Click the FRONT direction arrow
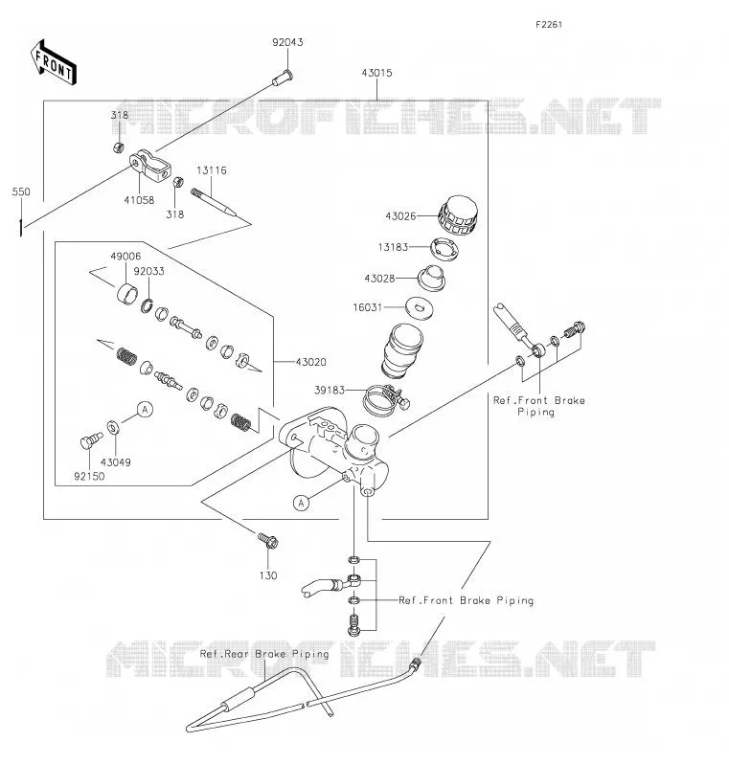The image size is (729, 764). (53, 63)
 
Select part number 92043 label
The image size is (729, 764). (287, 42)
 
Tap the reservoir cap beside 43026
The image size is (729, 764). (458, 216)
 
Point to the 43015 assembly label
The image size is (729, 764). (376, 73)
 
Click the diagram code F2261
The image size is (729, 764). (549, 25)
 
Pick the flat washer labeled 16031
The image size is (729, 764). (420, 308)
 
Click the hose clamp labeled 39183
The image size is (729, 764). (386, 400)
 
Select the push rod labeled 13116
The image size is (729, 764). (213, 202)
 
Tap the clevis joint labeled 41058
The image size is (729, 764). (150, 167)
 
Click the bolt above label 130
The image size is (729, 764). (268, 540)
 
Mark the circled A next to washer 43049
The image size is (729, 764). (145, 410)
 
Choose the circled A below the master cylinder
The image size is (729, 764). (302, 503)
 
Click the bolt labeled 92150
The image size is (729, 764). (91, 440)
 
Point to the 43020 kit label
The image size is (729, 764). (311, 363)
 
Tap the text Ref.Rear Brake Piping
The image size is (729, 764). (264, 654)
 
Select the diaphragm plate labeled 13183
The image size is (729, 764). (444, 249)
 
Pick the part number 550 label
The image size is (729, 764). (21, 192)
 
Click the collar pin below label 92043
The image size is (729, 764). (283, 77)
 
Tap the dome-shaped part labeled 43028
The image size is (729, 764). (431, 279)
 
